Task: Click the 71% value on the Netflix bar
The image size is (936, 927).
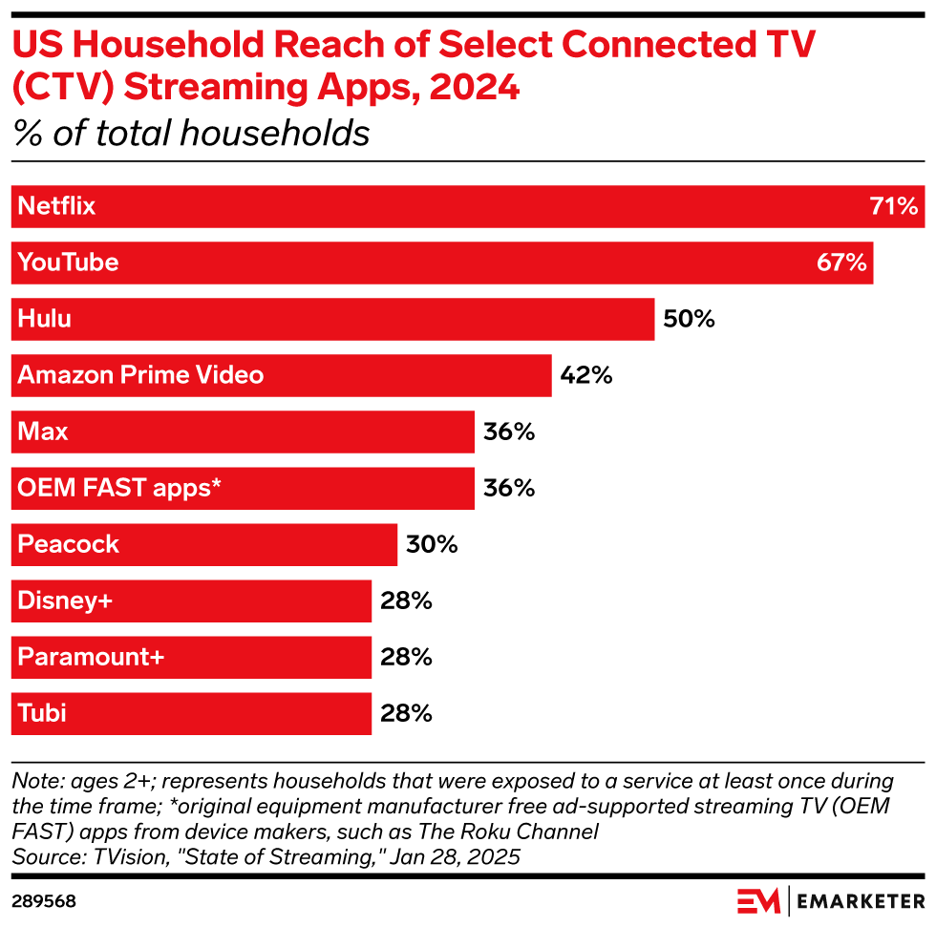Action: click(894, 206)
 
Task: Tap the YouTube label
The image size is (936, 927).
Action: click(68, 263)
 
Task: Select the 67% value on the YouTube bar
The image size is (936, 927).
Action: click(841, 263)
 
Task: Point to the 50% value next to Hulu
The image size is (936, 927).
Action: click(689, 319)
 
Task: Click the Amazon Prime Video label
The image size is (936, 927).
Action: click(140, 374)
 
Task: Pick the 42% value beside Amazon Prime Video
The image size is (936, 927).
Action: click(586, 375)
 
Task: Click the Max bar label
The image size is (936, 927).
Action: click(42, 432)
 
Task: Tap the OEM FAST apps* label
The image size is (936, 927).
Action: click(119, 488)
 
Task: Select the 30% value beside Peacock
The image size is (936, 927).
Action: click(432, 544)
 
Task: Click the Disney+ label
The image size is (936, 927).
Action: click(65, 600)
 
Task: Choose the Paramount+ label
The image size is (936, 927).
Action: click(91, 657)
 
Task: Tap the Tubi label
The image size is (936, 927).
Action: click(42, 713)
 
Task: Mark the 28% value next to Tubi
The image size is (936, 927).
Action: click(406, 713)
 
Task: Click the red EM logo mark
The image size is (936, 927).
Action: click(758, 901)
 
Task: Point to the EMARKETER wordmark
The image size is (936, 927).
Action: click(861, 901)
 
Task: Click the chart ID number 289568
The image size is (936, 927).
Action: click(44, 901)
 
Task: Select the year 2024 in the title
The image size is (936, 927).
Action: click(474, 87)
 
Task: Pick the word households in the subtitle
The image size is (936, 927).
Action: click(275, 133)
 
